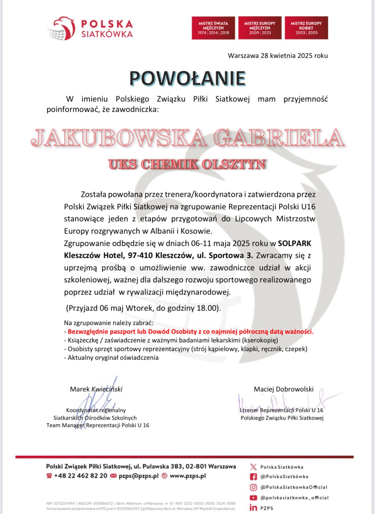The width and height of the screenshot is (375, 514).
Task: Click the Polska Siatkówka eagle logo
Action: (x=62, y=29)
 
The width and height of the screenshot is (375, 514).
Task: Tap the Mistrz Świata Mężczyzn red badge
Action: (x=213, y=28)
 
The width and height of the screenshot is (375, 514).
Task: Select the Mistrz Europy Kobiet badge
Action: (x=306, y=28)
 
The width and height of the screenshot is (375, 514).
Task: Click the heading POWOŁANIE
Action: (x=187, y=79)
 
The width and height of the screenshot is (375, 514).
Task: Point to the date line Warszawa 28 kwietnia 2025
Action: (x=278, y=56)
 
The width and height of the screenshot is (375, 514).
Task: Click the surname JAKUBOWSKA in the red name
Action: (x=119, y=138)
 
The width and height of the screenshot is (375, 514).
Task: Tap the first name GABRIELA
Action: (x=279, y=138)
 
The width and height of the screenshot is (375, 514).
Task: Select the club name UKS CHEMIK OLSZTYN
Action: (x=187, y=164)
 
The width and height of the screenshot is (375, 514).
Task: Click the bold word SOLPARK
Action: (x=294, y=243)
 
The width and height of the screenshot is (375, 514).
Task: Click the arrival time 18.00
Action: (x=206, y=308)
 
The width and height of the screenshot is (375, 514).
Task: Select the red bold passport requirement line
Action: (x=190, y=332)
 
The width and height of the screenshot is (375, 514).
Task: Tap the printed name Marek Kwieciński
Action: (x=96, y=389)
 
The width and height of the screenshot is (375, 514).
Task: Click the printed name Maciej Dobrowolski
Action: (x=284, y=389)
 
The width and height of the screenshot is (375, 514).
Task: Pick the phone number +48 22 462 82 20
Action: (x=81, y=476)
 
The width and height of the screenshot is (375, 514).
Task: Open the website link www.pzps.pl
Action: (x=188, y=476)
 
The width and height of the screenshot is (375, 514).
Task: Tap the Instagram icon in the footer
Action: (x=253, y=487)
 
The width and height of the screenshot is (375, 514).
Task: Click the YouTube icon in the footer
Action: (x=253, y=498)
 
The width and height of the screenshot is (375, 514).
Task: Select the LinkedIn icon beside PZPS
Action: (x=253, y=508)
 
